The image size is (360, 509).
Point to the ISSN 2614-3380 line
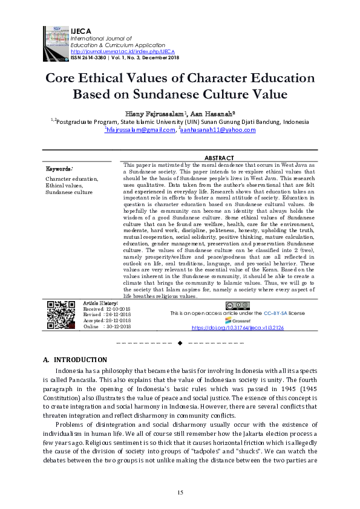[x=120, y=57]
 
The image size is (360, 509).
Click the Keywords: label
[x=59, y=169]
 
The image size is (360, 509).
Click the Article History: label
[x=100, y=302]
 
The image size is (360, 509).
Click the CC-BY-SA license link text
[x=275, y=314]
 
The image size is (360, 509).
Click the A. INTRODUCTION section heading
[x=75, y=360]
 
